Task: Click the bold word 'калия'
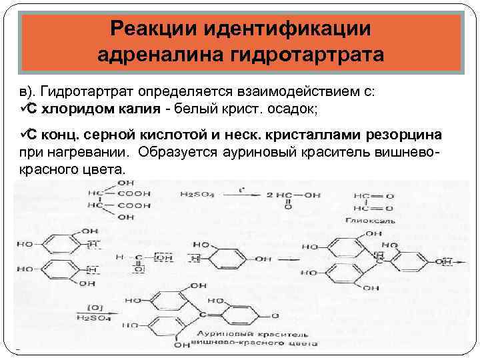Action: click(137, 109)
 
